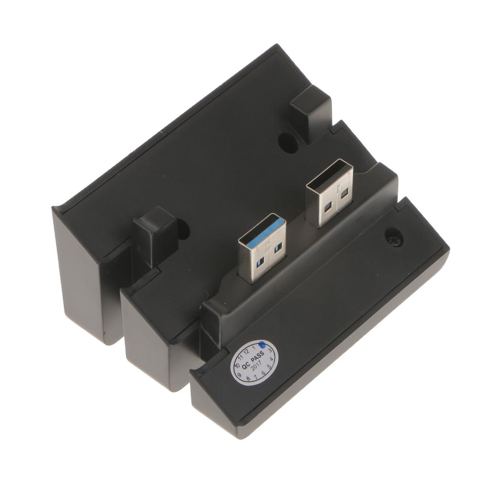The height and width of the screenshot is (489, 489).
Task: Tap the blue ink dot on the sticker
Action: tap(262, 344)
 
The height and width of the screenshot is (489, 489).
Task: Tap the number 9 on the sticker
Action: tap(239, 375)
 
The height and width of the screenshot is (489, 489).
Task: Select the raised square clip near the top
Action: tap(310, 110)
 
